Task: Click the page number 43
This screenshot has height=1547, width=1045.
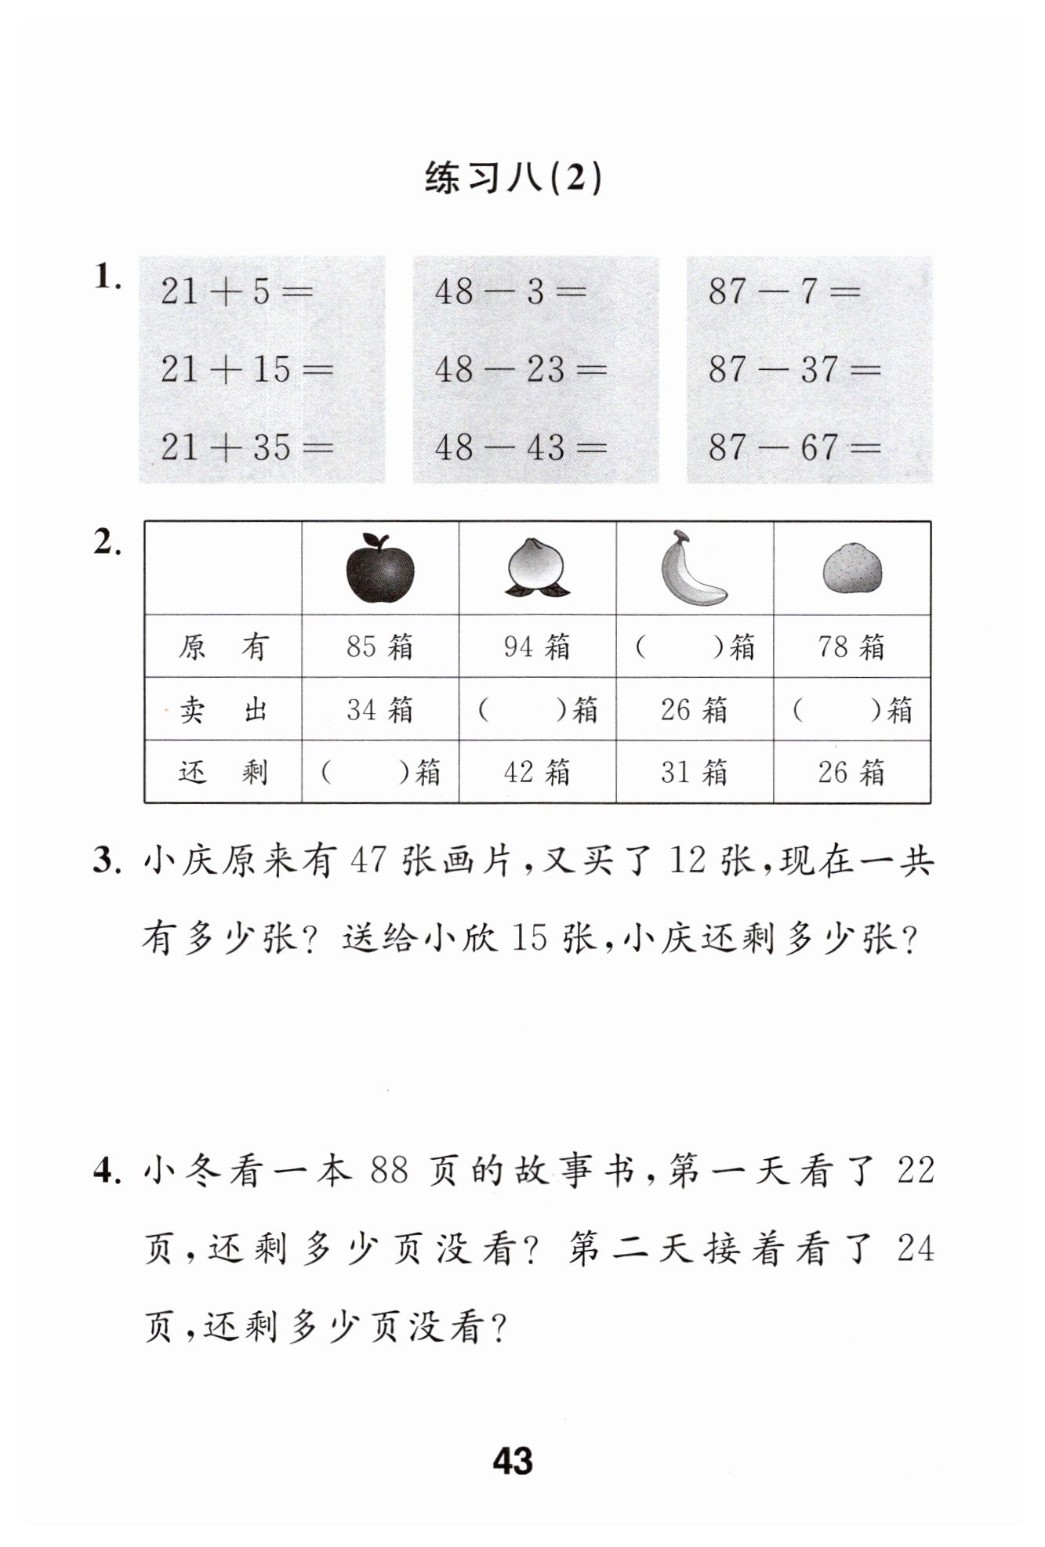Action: pyautogui.click(x=513, y=1460)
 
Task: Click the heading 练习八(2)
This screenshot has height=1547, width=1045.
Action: pyautogui.click(x=513, y=179)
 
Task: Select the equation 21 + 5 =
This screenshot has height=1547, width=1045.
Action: pyautogui.click(x=236, y=292)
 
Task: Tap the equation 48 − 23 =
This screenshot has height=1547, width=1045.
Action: pyautogui.click(x=521, y=369)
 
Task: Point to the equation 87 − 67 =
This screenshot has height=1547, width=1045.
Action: pyautogui.click(x=794, y=447)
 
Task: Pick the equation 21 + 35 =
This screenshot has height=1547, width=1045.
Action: pyautogui.click(x=246, y=447)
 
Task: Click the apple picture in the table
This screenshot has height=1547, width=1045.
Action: pyautogui.click(x=380, y=568)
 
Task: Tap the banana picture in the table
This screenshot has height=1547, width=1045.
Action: pyautogui.click(x=692, y=569)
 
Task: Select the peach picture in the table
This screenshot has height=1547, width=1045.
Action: pyautogui.click(x=537, y=568)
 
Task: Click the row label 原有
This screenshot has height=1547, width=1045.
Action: pyautogui.click(x=223, y=647)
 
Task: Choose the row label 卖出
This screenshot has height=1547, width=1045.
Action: pyautogui.click(x=223, y=710)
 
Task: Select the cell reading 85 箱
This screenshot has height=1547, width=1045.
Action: pyautogui.click(x=380, y=647)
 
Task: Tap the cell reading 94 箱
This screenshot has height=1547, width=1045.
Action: pyautogui.click(x=537, y=647)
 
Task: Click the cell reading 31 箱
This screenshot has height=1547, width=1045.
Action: pyautogui.click(x=694, y=773)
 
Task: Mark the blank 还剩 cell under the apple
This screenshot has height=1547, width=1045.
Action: pyautogui.click(x=380, y=773)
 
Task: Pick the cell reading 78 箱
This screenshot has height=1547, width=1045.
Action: pyautogui.click(x=852, y=647)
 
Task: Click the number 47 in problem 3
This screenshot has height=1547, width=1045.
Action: pyautogui.click(x=368, y=862)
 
